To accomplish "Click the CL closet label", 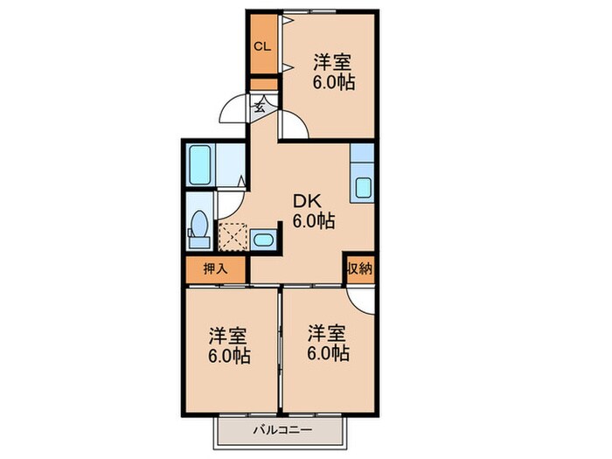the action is coord(262,47).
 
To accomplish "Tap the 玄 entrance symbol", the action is coord(260,106).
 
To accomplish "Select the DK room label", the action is coord(307,202).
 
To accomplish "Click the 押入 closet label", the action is coord(215,269).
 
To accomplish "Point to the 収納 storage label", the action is coord(359,268).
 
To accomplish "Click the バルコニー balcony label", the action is coord(283,430).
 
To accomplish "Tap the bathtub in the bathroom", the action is coord(200,164).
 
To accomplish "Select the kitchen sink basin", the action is coord(364,188).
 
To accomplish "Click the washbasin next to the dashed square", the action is coord(263,240).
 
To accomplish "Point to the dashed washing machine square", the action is coord(233,237).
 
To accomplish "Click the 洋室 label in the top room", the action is coord(332,62).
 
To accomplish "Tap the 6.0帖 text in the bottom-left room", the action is coord(229,356).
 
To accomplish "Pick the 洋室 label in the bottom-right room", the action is coord(327,333).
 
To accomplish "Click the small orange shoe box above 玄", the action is coord(264,84).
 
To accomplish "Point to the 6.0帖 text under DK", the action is coord(314,221).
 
